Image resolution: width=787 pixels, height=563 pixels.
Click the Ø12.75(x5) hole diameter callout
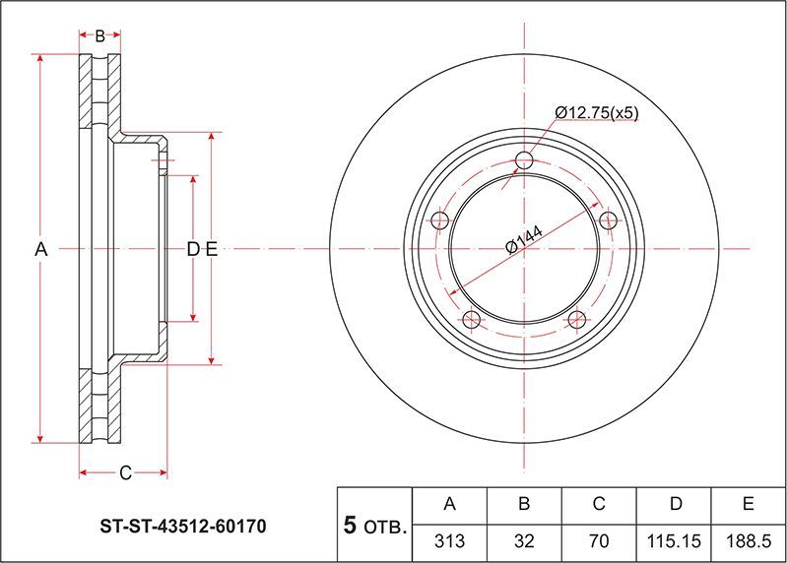click(597, 113)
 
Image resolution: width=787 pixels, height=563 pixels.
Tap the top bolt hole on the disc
click(524, 160)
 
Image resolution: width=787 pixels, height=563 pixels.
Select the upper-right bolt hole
click(608, 219)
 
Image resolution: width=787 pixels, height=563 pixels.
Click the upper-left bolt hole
click(440, 220)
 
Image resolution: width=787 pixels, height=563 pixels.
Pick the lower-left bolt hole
click(471, 319)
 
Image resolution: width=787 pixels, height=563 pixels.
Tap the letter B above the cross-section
click(99, 36)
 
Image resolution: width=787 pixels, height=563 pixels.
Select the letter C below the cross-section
click(125, 473)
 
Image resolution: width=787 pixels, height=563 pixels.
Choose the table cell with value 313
click(450, 540)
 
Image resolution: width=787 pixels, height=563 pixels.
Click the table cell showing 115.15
click(675, 540)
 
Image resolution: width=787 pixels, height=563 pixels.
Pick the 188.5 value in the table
click(749, 540)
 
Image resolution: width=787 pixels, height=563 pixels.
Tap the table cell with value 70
click(599, 540)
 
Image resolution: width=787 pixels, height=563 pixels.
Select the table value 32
click(524, 540)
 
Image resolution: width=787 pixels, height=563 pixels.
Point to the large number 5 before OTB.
click(350, 526)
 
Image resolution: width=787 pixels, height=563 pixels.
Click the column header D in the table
click(675, 504)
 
